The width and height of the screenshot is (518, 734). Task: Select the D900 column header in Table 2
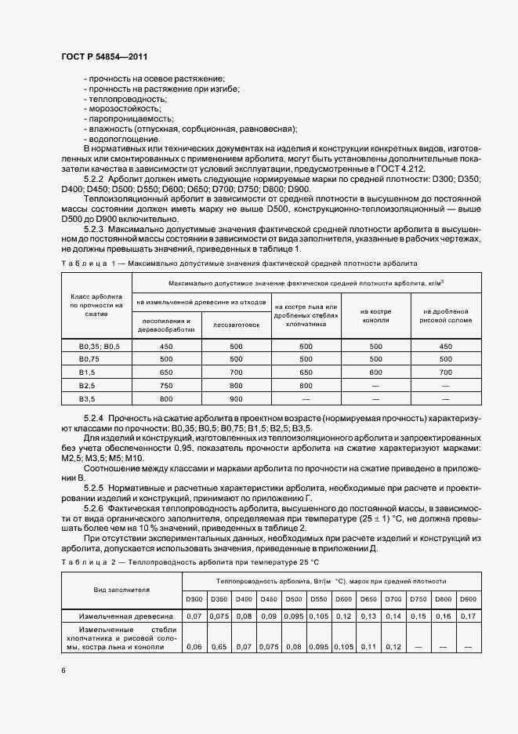[468, 600]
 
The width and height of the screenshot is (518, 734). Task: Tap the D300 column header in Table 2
[194, 600]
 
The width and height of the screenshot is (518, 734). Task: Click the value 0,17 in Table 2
[468, 616]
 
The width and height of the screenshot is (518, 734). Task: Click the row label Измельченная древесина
[122, 616]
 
